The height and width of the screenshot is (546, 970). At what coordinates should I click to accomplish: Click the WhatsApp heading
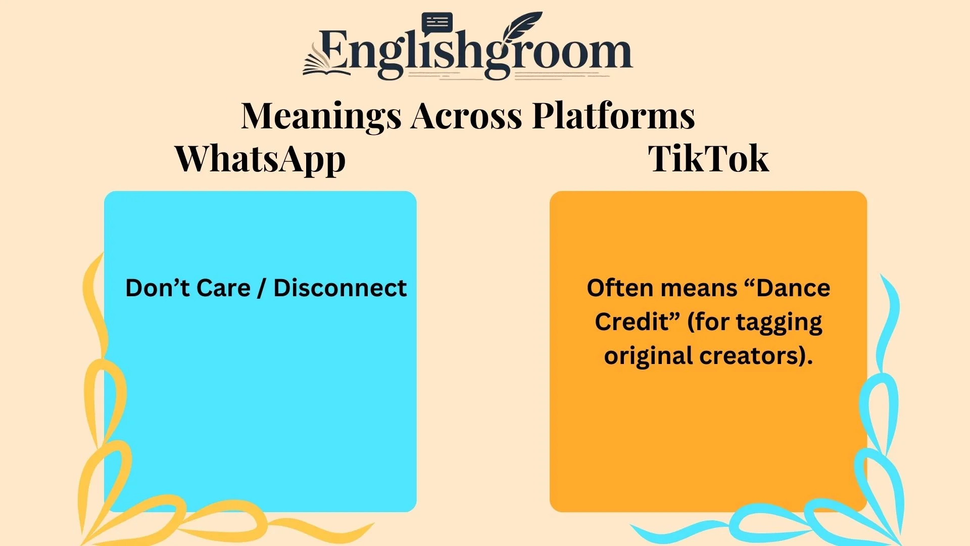tap(260, 160)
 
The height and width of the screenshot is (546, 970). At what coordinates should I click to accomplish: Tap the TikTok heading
tap(708, 159)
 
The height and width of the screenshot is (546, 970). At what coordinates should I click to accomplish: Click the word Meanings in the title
tap(321, 116)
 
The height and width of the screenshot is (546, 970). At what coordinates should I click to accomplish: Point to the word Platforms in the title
tap(613, 116)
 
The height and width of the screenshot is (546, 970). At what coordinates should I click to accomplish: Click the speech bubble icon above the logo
tap(437, 23)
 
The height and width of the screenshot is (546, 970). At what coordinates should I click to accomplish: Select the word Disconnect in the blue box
tap(340, 288)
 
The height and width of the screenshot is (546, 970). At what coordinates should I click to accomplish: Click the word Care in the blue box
tap(223, 288)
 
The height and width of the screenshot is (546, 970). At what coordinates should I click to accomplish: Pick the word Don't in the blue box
tap(157, 288)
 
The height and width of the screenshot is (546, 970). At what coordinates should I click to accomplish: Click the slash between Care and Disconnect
tap(261, 289)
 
